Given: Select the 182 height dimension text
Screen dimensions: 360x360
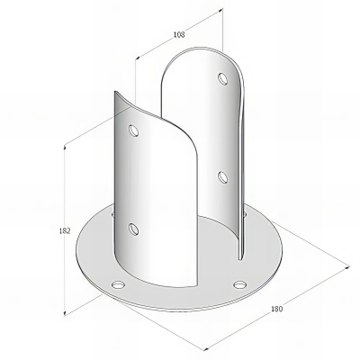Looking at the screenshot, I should [x=65, y=230].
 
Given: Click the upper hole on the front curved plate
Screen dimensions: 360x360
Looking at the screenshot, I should [x=134, y=130].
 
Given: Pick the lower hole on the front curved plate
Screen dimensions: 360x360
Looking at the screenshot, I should [x=134, y=228].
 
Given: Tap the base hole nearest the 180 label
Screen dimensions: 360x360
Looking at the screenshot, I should [x=238, y=285].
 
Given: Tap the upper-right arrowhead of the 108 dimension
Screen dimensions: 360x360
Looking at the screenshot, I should [x=222, y=11].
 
